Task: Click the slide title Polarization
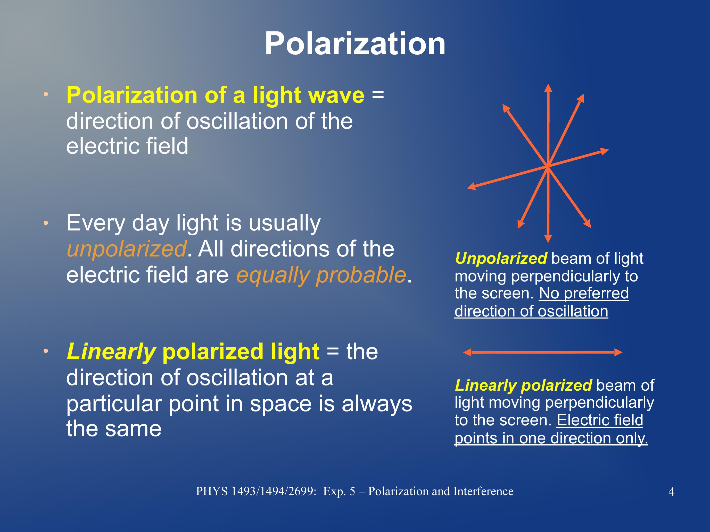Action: (x=355, y=44)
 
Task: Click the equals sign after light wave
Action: (x=378, y=95)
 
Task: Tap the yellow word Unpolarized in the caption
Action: (x=501, y=258)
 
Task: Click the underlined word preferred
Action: (x=596, y=293)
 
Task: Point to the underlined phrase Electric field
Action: (x=600, y=420)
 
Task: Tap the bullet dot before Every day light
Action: (x=46, y=223)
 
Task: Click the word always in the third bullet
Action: (x=377, y=404)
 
